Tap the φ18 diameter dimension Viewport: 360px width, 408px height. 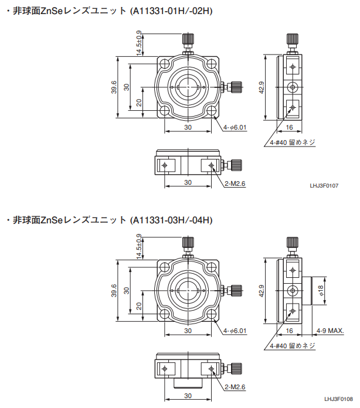coord(320,290)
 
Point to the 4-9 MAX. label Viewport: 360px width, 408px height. coord(330,331)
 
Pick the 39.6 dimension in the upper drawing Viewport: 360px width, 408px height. coord(113,87)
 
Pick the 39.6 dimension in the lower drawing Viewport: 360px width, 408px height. coord(113,291)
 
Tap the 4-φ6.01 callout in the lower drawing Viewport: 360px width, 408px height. coord(235,331)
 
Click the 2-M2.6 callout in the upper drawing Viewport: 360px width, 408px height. coord(235,183)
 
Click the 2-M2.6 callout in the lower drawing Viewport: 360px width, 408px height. coord(235,387)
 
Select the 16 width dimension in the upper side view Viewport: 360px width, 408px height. coord(289,127)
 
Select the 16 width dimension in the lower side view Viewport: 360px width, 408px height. coord(289,331)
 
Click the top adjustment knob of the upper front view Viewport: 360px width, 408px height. coord(188,40)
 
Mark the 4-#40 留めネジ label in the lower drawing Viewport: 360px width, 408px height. coord(293,346)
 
